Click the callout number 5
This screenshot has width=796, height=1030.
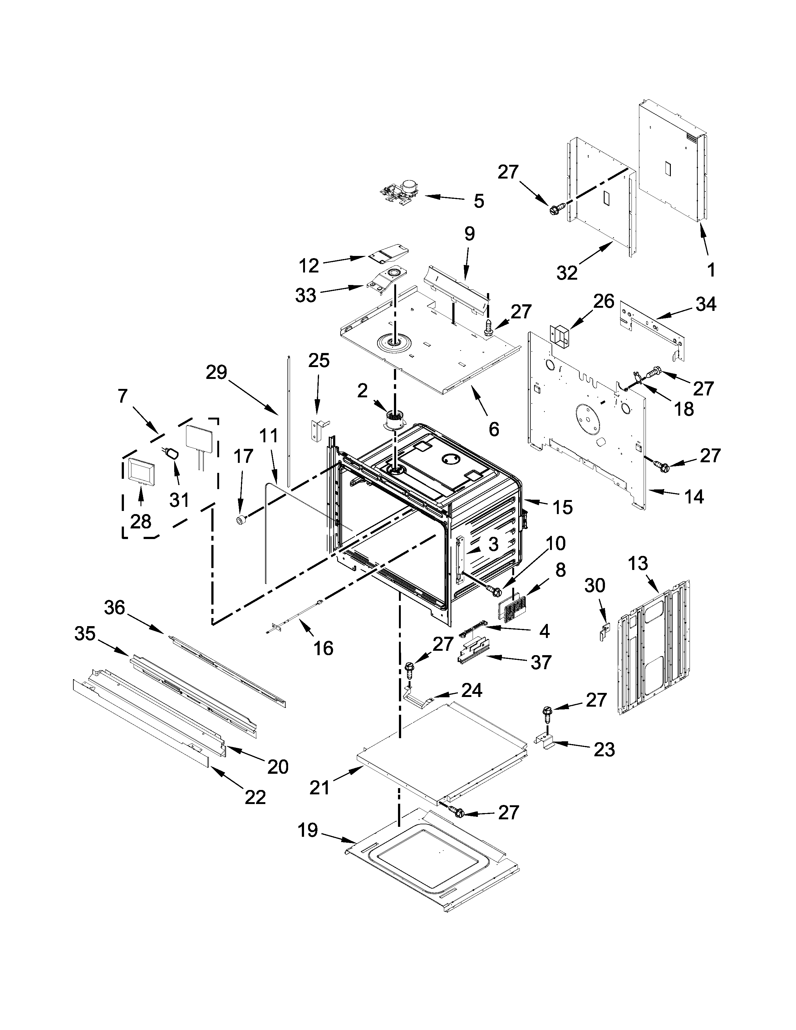point(479,201)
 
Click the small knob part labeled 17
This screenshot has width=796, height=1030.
point(241,520)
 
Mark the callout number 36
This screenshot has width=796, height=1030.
point(114,608)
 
